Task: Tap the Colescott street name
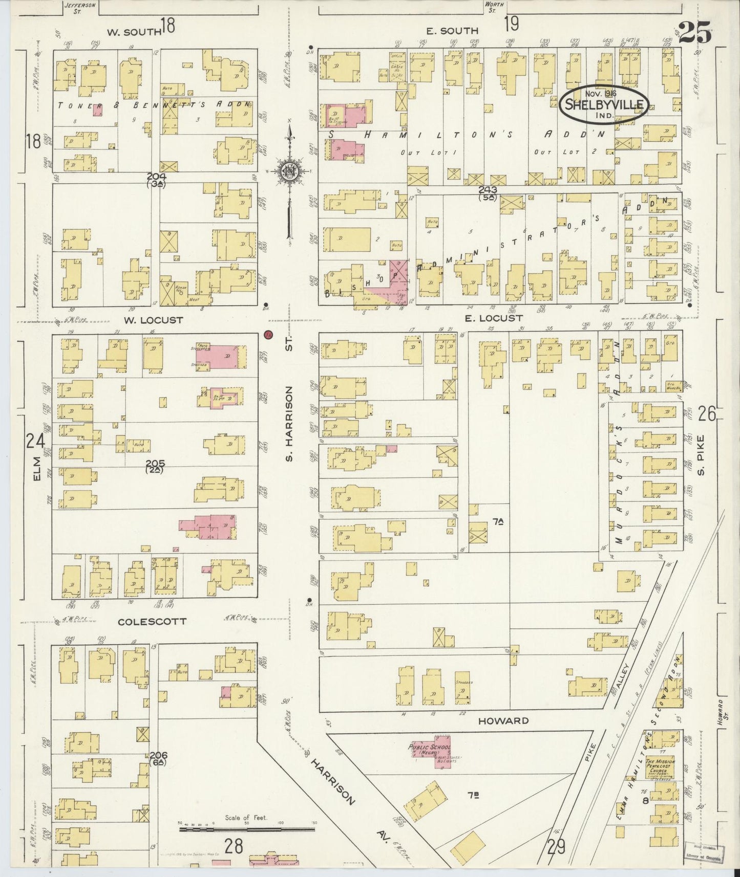(x=152, y=621)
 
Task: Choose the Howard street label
(x=503, y=721)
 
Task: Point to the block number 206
(x=159, y=755)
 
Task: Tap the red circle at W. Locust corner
(x=267, y=335)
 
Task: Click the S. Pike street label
(x=702, y=454)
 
